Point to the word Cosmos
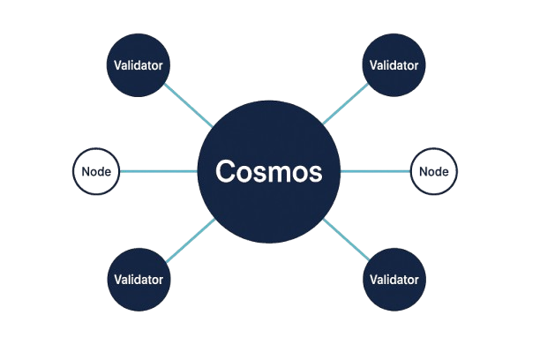tap(270, 171)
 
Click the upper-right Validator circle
tap(394, 66)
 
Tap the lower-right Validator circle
tap(394, 279)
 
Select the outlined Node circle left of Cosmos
tap(95, 171)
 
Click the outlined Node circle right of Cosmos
tap(435, 171)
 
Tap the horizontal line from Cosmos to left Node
tap(160, 171)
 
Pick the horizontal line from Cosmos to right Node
tap(376, 171)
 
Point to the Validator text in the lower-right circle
tap(394, 279)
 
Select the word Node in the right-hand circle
tap(435, 172)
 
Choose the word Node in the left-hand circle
tap(95, 172)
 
